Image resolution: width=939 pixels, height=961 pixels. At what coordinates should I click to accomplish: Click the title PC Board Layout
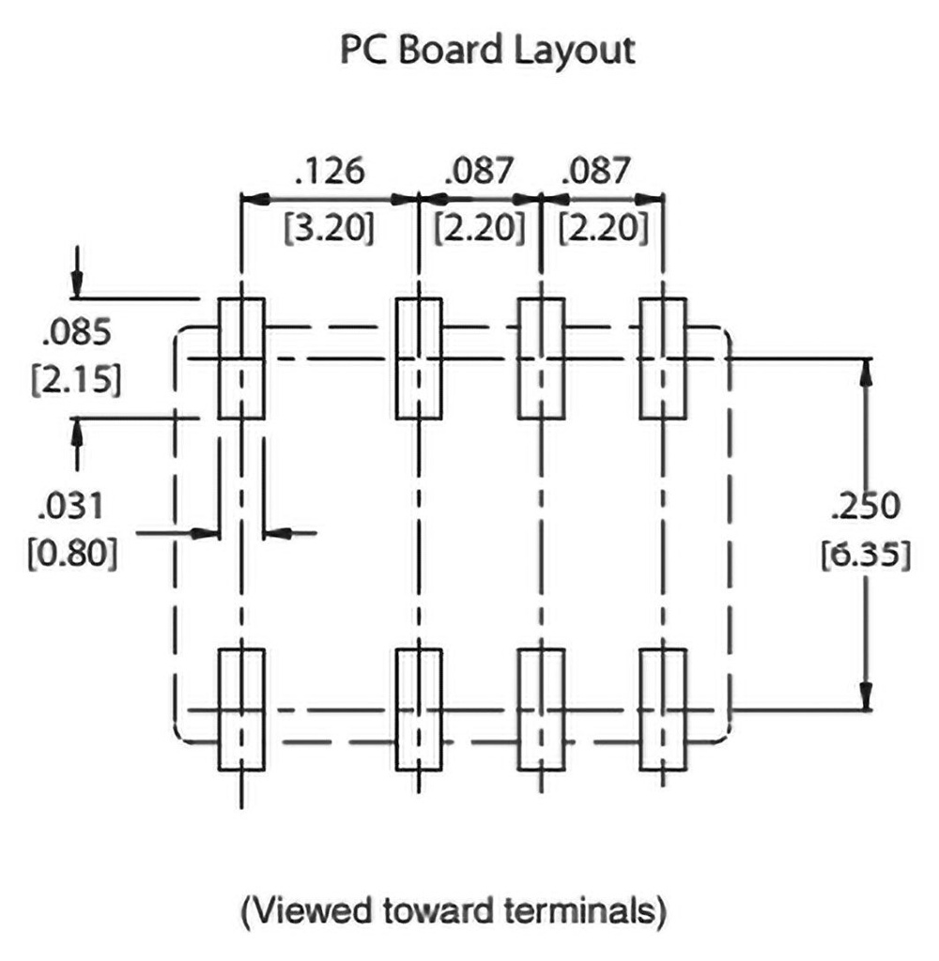click(487, 51)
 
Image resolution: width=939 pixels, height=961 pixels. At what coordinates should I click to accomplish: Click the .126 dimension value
click(328, 172)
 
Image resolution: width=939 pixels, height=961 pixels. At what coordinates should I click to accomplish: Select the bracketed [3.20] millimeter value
click(329, 228)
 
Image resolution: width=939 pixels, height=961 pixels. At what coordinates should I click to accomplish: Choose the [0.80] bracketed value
click(75, 557)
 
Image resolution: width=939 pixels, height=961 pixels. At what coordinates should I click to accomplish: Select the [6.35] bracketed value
click(866, 556)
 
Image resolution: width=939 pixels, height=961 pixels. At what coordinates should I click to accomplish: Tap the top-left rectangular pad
click(242, 358)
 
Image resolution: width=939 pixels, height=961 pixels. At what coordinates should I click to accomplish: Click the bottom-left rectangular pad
click(242, 709)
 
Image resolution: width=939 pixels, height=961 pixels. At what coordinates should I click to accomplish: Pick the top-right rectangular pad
click(663, 358)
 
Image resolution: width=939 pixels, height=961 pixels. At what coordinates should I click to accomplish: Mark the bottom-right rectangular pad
click(663, 709)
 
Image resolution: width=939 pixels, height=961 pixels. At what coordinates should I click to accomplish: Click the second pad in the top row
click(418, 358)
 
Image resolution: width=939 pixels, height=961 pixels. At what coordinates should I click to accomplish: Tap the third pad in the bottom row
click(541, 709)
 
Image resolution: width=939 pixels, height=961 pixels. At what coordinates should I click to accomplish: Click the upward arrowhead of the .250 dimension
click(866, 370)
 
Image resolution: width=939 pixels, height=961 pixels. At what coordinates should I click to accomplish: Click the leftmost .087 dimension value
click(480, 172)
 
